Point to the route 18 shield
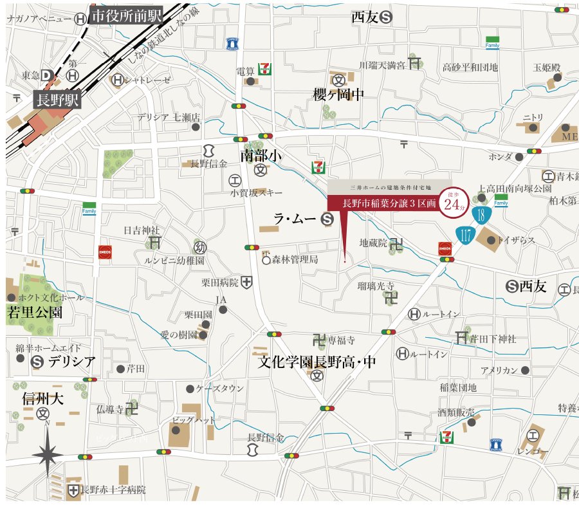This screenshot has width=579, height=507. pyautogui.click(x=481, y=215)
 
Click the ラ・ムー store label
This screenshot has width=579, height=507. pyautogui.click(x=295, y=219)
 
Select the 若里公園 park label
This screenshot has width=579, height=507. pyautogui.click(x=35, y=313)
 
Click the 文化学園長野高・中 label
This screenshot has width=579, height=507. pyautogui.click(x=317, y=362)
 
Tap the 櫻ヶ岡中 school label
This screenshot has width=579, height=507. pyautogui.click(x=338, y=95)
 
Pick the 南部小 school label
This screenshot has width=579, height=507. pyautogui.click(x=262, y=156)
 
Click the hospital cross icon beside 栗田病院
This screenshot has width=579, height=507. pyautogui.click(x=247, y=282)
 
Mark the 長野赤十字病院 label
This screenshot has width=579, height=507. pyautogui.click(x=113, y=490)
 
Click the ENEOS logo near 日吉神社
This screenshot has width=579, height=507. pyautogui.click(x=104, y=252)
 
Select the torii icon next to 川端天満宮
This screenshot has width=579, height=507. pyautogui.click(x=416, y=64)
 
